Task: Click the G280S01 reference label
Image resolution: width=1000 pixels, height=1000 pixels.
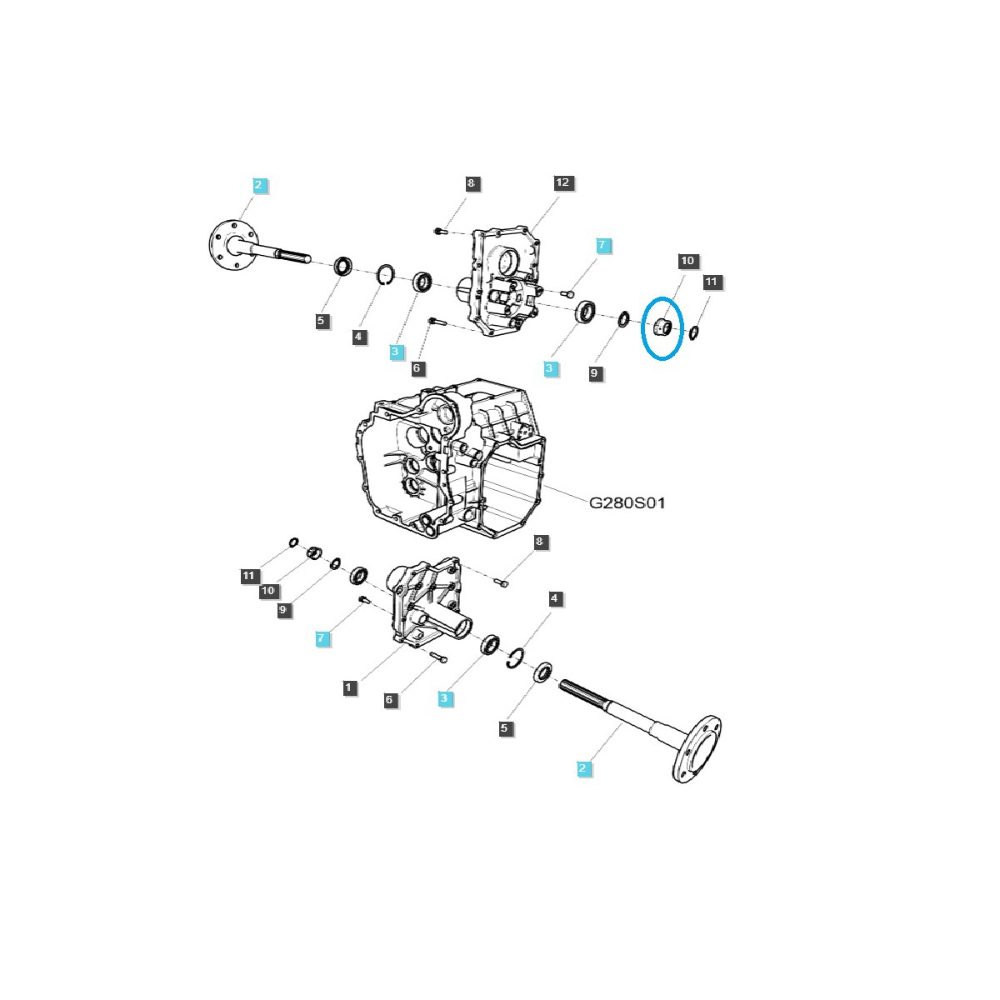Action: pos(627,503)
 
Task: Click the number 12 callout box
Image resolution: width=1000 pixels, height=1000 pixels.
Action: pos(562,182)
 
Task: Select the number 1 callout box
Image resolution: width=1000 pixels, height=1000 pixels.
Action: pos(349,687)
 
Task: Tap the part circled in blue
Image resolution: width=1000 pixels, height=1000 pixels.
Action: pos(662,327)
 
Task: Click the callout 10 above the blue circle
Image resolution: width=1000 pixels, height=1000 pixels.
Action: pos(687,261)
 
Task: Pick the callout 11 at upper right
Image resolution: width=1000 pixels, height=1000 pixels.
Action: pos(711,282)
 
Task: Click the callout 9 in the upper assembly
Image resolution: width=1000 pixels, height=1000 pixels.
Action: pos(594,373)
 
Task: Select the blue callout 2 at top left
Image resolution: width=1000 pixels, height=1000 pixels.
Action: pos(260,185)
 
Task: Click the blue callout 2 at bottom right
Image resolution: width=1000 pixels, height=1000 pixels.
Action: pos(583,768)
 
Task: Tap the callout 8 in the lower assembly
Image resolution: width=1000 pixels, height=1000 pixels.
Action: pos(540,542)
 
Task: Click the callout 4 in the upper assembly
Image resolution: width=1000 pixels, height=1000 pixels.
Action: pos(358,337)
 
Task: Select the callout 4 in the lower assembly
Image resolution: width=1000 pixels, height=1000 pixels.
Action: pos(555,598)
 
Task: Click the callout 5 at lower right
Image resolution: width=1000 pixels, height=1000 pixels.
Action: pos(504,728)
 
